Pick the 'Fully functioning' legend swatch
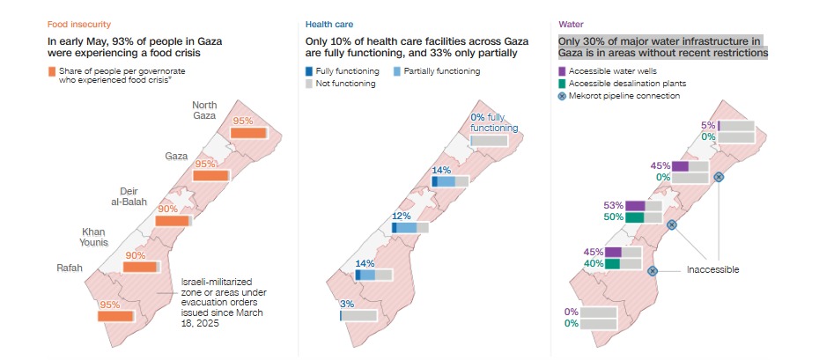click(308, 70)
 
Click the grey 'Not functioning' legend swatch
click(308, 84)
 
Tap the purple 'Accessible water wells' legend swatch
click(563, 70)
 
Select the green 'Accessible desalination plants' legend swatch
click(563, 83)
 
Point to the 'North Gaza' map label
click(204, 111)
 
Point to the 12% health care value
click(402, 216)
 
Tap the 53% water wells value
click(614, 204)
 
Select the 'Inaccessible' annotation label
click(712, 269)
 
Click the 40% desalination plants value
click(594, 263)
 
